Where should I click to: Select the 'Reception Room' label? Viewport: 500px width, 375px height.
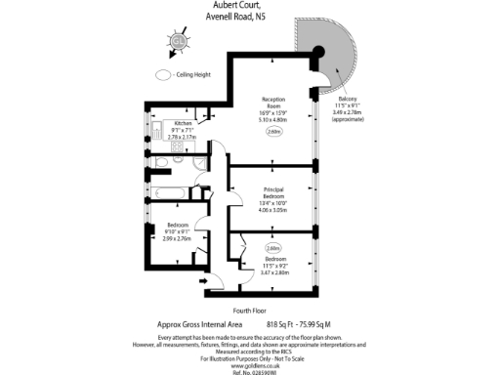pyautogui.click(x=272, y=104)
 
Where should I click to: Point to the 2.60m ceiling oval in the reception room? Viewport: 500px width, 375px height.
pyautogui.click(x=273, y=133)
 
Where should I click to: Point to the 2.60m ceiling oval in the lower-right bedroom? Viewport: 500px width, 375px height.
pyautogui.click(x=272, y=248)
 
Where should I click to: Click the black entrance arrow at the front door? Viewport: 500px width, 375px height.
pyautogui.click(x=202, y=281)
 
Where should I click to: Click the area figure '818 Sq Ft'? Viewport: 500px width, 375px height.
pyautogui.click(x=283, y=323)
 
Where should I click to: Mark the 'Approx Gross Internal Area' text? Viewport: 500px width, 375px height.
pyautogui.click(x=199, y=323)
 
